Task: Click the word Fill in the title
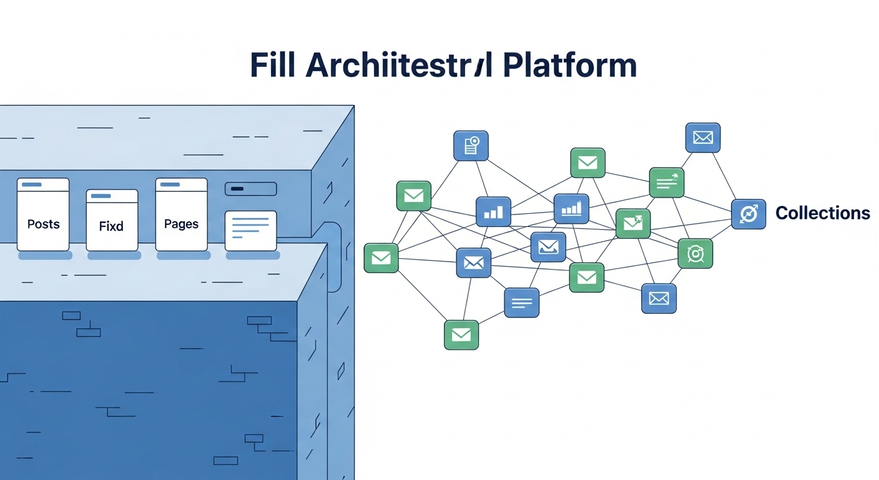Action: pyautogui.click(x=272, y=65)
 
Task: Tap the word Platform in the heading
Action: pyautogui.click(x=569, y=65)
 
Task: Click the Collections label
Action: pyautogui.click(x=822, y=213)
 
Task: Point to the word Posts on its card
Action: pyautogui.click(x=43, y=224)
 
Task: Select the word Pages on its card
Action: pyautogui.click(x=181, y=224)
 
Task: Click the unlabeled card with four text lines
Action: pyautogui.click(x=250, y=231)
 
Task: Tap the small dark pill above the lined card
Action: pyautogui.click(x=250, y=189)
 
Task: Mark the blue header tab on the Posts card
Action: pyautogui.click(x=32, y=184)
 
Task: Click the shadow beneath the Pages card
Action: pyautogui.click(x=182, y=256)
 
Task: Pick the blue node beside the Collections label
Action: pyautogui.click(x=748, y=214)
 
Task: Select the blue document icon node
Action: pyautogui.click(x=471, y=146)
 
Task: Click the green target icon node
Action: pyautogui.click(x=695, y=253)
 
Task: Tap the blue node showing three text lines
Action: pyautogui.click(x=521, y=303)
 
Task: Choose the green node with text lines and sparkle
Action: pyautogui.click(x=667, y=182)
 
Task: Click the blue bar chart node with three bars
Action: pyautogui.click(x=493, y=212)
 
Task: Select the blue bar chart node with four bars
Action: pyautogui.click(x=571, y=208)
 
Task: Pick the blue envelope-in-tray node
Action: pyautogui.click(x=548, y=247)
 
